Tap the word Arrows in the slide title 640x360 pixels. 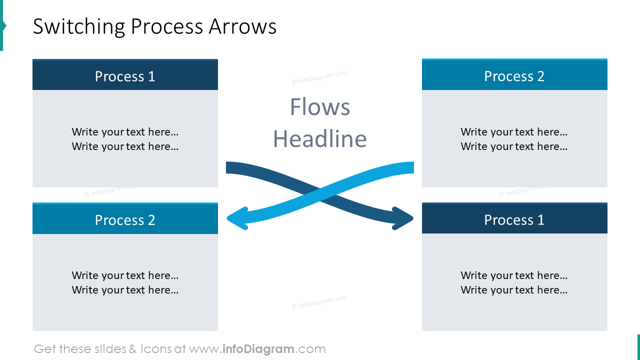point(242,27)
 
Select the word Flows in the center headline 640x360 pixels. point(320,107)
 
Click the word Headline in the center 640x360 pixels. point(320,139)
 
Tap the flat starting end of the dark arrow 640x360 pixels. point(227,167)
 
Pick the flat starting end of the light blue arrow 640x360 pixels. point(412,167)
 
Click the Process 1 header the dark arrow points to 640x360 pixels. point(514,219)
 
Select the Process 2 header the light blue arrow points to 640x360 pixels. point(125,220)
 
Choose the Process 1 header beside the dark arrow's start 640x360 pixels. point(125,76)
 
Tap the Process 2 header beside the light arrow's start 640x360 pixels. point(514,76)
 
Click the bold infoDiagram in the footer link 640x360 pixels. point(258,349)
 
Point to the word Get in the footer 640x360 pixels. point(44,349)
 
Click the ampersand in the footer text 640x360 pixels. point(132,349)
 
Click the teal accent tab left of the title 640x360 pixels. point(2,26)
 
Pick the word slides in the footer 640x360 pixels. point(109,349)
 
